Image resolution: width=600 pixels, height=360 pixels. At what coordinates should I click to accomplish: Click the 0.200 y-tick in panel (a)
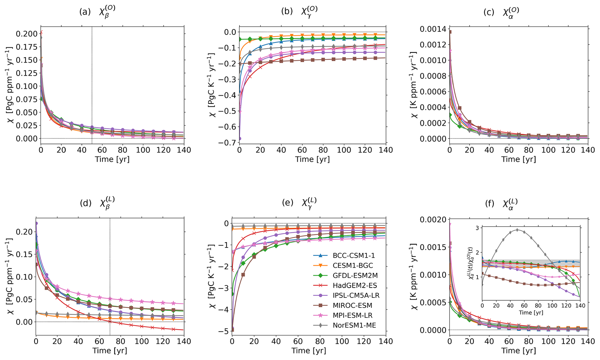[27, 34]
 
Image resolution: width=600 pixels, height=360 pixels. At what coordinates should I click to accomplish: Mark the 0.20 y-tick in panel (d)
[24, 232]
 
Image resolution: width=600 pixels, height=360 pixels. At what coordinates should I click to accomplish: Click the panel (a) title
[97, 12]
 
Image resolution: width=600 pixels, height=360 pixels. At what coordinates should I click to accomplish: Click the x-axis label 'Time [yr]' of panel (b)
[312, 159]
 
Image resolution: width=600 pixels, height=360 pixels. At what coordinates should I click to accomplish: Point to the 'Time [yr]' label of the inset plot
[531, 313]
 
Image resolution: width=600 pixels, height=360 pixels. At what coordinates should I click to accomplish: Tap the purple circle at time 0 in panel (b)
[240, 139]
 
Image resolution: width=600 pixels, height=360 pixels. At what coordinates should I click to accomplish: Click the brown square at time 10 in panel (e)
[243, 275]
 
